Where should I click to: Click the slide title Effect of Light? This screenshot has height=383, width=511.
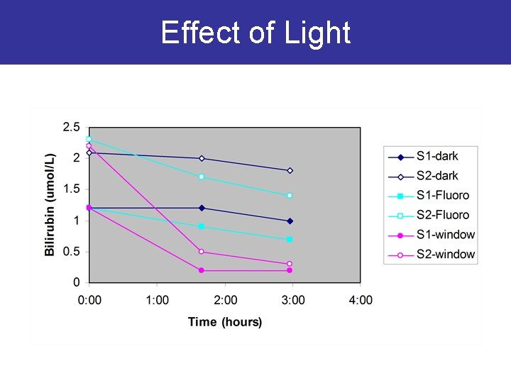tap(255, 33)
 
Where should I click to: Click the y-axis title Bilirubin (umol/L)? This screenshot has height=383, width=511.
tap(50, 204)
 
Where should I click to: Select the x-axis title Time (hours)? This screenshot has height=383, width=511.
tap(225, 322)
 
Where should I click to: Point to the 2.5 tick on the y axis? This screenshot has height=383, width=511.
tap(71, 128)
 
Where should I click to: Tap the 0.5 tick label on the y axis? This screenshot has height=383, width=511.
tap(71, 252)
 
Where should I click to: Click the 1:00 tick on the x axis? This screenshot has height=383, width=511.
tap(157, 300)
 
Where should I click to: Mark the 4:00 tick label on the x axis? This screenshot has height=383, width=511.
tap(361, 300)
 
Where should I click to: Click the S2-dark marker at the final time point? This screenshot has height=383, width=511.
tap(290, 170)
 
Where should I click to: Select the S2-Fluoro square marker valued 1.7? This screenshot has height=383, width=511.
tap(202, 177)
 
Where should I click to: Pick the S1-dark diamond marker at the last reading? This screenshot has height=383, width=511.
tap(290, 221)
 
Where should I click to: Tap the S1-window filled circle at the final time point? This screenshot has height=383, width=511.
tap(290, 270)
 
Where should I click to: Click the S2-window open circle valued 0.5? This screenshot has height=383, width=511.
tap(202, 252)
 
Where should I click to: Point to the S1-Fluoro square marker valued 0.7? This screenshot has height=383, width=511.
tap(290, 239)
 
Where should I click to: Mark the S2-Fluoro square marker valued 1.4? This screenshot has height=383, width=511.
tap(290, 195)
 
